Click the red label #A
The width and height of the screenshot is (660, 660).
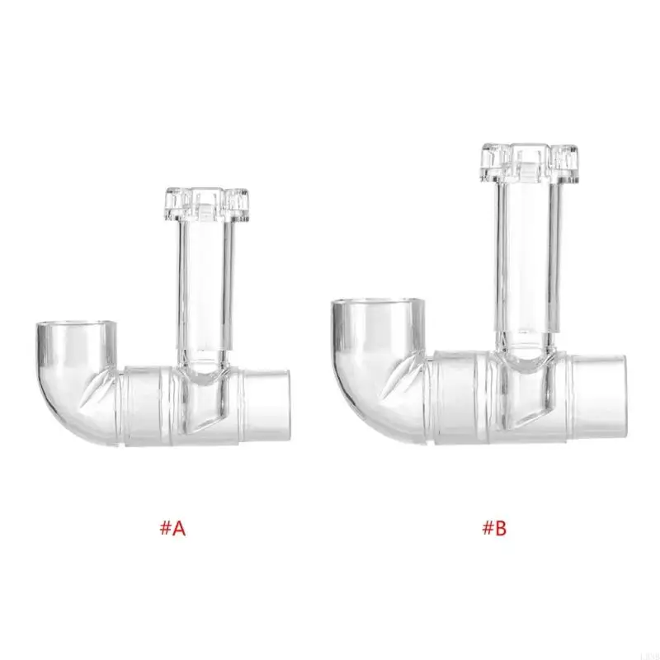coord(172,528)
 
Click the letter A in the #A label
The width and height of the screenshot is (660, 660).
coord(179,528)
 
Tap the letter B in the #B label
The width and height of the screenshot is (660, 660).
coord(500,528)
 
